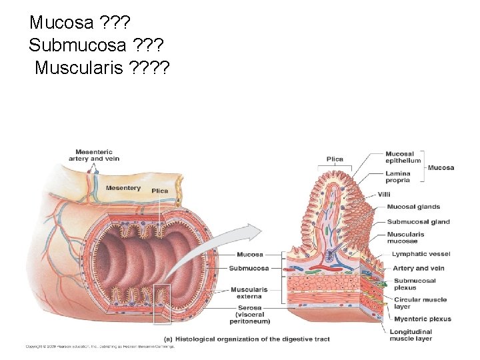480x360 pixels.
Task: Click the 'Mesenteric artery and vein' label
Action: [93, 155]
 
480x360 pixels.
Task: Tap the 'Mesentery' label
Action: [123, 188]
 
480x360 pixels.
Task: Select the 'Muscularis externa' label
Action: [249, 293]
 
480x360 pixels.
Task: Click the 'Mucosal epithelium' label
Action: [403, 157]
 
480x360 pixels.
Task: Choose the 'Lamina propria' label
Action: [397, 177]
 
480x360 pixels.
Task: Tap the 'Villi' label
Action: [383, 194]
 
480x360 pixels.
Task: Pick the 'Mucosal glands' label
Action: [413, 207]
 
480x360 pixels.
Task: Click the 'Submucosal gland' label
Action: [418, 222]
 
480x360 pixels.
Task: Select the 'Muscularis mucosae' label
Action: [405, 238]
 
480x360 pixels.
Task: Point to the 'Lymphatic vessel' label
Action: [421, 254]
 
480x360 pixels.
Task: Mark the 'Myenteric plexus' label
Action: [422, 319]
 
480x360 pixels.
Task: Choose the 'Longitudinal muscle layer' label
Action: [411, 335]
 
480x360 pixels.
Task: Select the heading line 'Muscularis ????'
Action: [102, 67]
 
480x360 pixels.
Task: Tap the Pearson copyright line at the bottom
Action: [100, 346]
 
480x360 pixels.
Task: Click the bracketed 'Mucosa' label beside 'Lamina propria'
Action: [441, 167]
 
